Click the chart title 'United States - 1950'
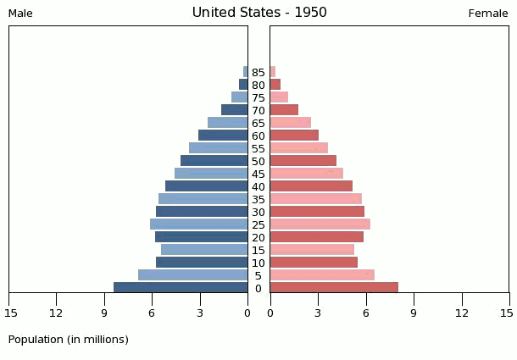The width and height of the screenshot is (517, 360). coord(258,13)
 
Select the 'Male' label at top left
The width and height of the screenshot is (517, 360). coord(20,14)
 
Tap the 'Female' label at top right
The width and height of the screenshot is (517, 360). coord(487,14)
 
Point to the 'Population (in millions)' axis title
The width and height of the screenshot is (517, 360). coord(69,340)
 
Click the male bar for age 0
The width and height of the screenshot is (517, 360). coord(181,288)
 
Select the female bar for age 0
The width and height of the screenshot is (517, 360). coord(334,288)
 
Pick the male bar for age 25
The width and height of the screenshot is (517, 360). coord(199,224)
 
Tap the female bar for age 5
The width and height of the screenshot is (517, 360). coord(322,275)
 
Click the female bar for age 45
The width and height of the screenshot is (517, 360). coord(306,174)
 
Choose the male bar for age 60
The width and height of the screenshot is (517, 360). coord(223,136)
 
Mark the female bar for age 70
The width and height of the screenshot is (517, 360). coord(284,110)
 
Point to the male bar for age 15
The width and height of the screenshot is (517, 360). coord(204,250)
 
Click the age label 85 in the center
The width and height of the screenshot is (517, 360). coord(258,73)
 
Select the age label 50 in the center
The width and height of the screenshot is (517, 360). coord(258,162)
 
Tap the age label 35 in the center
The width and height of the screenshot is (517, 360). coord(258,200)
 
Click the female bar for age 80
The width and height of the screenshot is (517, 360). coord(275,85)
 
